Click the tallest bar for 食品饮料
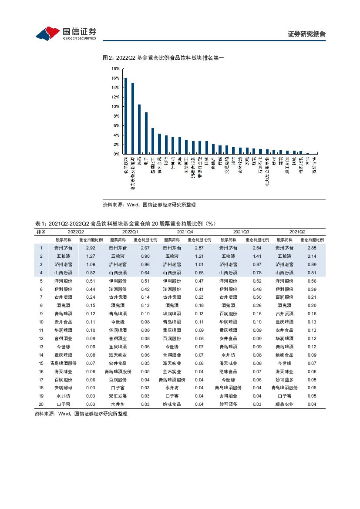tap(126, 116)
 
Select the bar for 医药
tap(139, 129)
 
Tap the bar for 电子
tap(146, 133)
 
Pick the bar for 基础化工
tap(153, 141)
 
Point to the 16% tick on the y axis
tap(116, 78)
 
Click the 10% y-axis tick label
tap(116, 107)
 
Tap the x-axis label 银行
tap(166, 161)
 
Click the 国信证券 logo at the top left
tap(65, 33)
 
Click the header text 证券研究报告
tap(307, 34)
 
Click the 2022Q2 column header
tap(76, 232)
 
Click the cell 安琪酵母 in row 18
tap(64, 388)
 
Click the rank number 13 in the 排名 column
tap(41, 347)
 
